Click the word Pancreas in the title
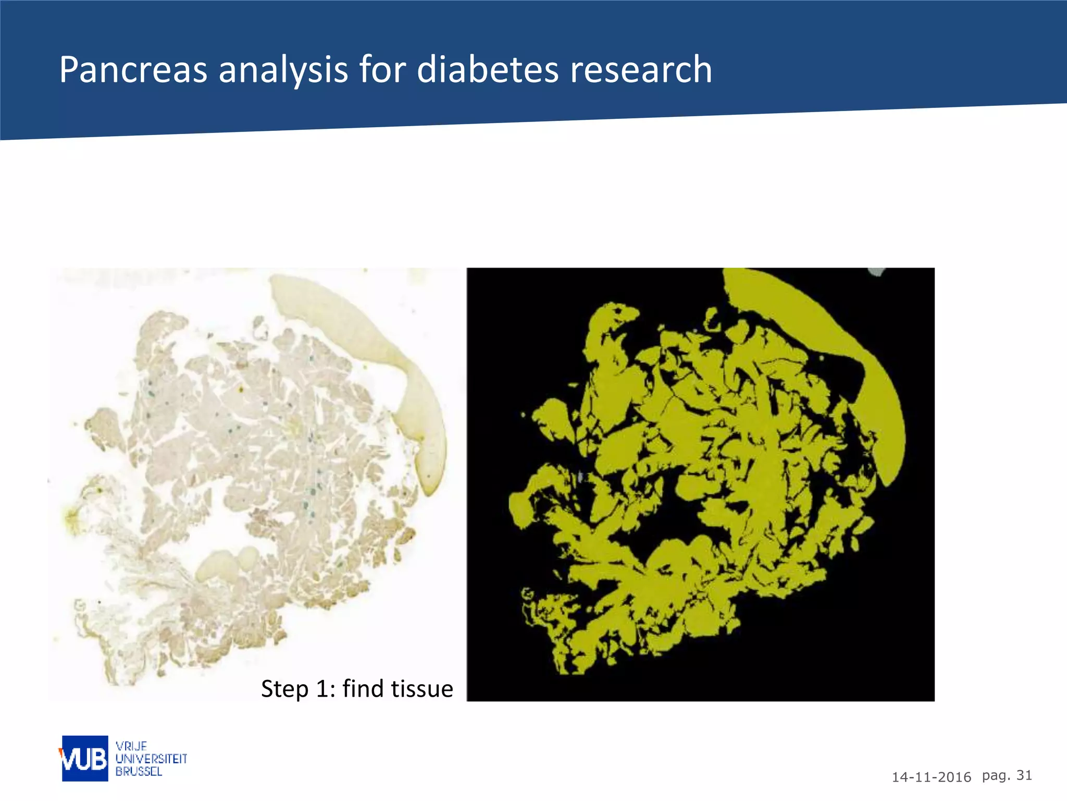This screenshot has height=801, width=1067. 133,70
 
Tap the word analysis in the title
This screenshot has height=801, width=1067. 283,70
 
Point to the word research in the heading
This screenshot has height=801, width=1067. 641,70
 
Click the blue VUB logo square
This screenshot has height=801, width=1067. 85,758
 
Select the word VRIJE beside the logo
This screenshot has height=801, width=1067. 131,746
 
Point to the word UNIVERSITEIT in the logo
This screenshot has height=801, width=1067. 151,759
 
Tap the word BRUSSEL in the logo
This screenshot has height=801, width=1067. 139,771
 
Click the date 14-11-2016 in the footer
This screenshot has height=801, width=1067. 931,778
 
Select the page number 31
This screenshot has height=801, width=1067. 1024,775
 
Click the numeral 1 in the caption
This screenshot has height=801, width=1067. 322,689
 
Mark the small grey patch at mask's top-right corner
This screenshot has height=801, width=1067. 877,271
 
